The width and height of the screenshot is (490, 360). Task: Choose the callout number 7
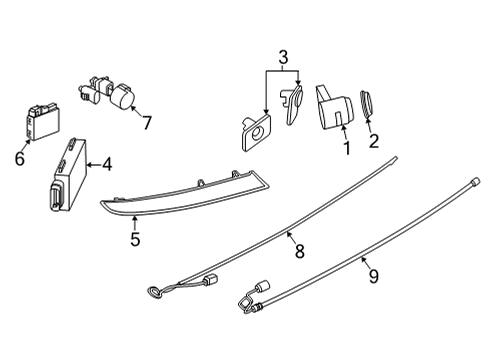pyautogui.click(x=147, y=123)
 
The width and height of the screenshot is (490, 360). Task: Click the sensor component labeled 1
pyautogui.click(x=336, y=107)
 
